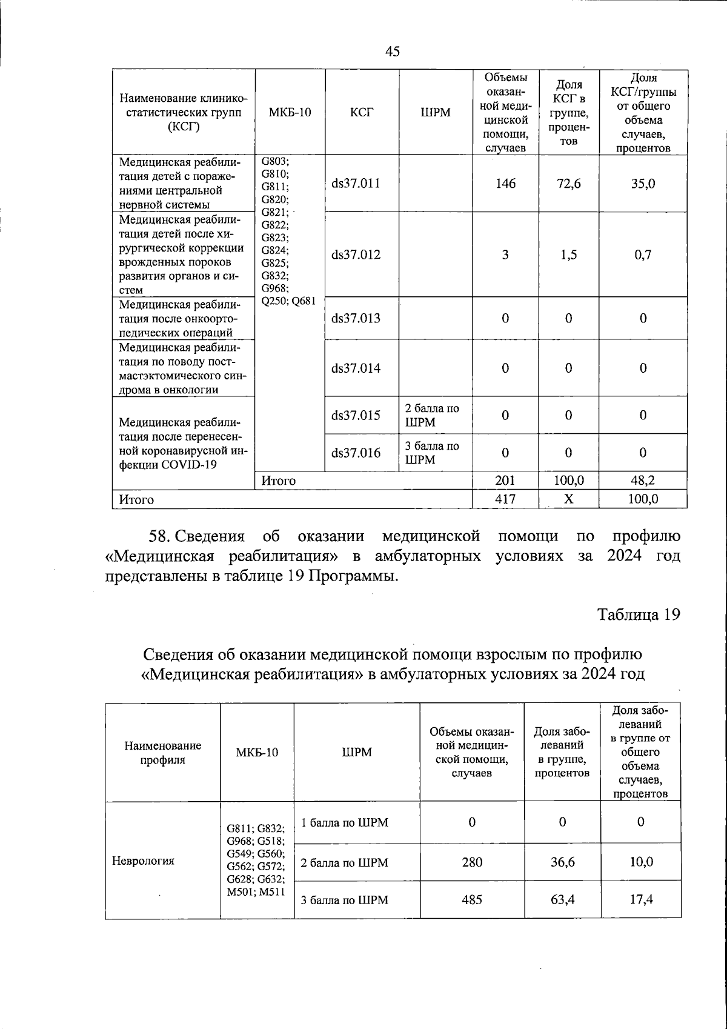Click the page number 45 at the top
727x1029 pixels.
tap(393, 52)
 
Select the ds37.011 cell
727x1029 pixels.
tap(356, 184)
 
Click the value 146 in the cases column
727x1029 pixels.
tap(505, 184)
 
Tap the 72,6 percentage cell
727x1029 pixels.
tap(568, 184)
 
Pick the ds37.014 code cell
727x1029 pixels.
tap(356, 368)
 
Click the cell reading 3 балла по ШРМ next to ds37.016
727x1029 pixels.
tap(432, 453)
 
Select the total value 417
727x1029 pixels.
tap(505, 499)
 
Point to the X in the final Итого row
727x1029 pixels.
tap(568, 499)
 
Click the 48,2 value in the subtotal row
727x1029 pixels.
tap(643, 481)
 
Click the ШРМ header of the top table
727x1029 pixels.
tap(436, 112)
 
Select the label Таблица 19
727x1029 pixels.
tap(639, 614)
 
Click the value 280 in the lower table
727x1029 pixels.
tap(472, 862)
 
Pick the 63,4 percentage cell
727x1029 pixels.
tap(563, 899)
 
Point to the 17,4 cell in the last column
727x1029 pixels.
tap(641, 899)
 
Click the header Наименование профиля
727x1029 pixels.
tap(162, 752)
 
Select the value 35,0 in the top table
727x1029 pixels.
tap(643, 184)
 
